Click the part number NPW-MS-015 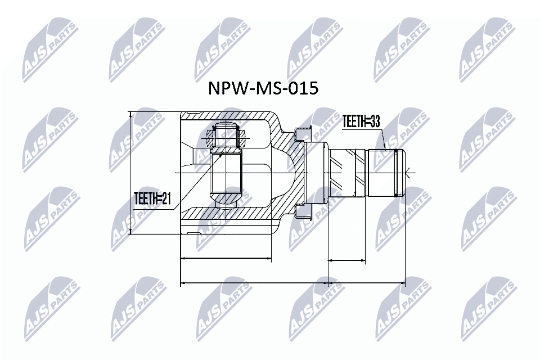(x=264, y=88)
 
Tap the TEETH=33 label (x=361, y=121)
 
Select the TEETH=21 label (x=151, y=199)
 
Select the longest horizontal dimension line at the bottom (x=292, y=282)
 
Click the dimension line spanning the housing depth (x=226, y=259)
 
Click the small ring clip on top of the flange (x=302, y=132)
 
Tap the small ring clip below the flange (x=302, y=212)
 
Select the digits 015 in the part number (x=302, y=88)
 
